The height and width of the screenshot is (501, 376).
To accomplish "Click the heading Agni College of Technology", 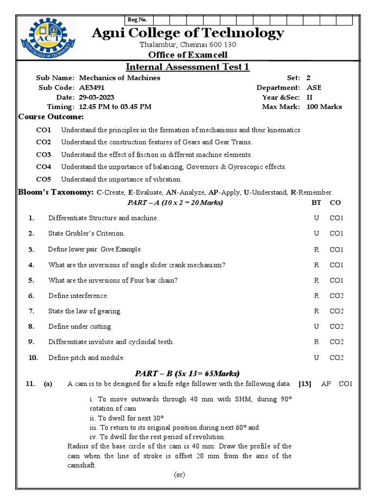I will (188, 33).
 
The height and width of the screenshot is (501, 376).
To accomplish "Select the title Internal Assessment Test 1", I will (188, 67).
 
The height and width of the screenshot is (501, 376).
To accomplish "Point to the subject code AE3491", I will (92, 88).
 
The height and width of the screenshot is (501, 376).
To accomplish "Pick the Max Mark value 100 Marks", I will (324, 107).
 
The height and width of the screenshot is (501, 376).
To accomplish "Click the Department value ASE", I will (314, 88).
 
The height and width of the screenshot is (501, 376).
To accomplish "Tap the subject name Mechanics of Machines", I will (119, 78).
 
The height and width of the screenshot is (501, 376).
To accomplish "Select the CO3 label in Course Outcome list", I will (44, 155).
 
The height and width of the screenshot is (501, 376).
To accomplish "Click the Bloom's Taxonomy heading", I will (56, 192).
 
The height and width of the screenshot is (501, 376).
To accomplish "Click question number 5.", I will (31, 280).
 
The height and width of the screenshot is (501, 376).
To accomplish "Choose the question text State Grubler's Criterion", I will (87, 233).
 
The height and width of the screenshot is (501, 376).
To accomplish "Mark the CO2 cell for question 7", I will (336, 311).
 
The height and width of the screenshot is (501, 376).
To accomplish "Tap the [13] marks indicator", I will (305, 384).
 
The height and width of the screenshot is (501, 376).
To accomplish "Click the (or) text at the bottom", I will (180, 475).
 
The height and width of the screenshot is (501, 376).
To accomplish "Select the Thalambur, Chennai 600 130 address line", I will (188, 45).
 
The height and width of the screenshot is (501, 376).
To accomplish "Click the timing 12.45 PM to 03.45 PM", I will (115, 107).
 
